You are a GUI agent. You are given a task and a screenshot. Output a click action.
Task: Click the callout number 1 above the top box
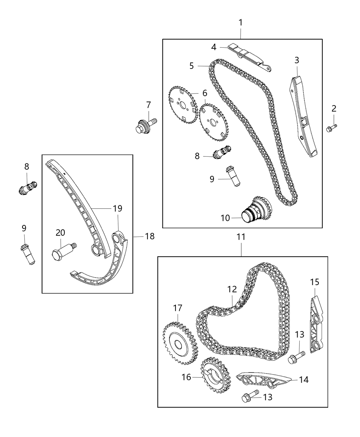240,22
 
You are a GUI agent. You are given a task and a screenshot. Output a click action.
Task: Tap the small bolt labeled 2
332,128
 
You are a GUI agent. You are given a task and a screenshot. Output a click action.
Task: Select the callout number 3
297,60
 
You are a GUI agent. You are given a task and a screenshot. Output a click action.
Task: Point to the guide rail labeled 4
249,57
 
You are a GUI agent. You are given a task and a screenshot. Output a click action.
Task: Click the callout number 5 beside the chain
192,66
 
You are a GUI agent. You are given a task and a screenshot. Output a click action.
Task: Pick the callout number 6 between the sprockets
205,93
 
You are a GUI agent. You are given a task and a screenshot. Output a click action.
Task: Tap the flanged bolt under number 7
146,126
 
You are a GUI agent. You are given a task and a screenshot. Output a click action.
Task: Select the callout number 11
241,237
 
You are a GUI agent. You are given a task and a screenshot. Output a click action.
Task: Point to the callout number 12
232,290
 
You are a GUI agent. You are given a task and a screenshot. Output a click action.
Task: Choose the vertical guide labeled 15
316,325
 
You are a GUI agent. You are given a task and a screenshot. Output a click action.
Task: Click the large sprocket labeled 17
180,343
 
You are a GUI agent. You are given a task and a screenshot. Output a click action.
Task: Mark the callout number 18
150,236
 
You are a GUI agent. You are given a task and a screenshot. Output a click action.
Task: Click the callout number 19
118,208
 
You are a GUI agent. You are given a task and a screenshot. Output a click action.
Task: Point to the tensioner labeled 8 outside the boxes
28,188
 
